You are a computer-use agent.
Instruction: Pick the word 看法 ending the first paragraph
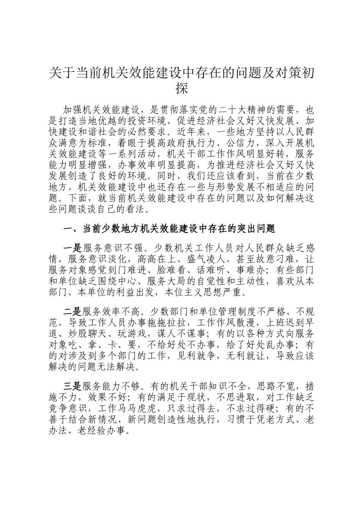141,209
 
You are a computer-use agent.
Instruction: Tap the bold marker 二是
72,312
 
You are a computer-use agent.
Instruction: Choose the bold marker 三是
72,386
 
